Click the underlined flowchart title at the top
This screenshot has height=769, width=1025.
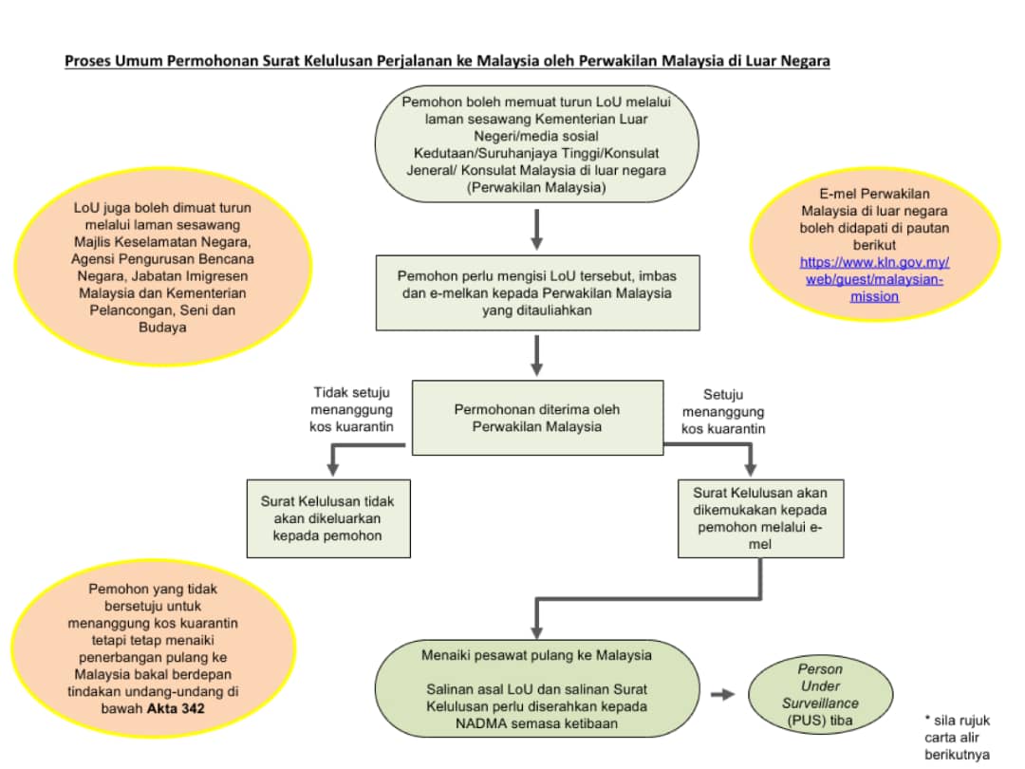point(447,61)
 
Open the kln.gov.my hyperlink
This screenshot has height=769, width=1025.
point(874,279)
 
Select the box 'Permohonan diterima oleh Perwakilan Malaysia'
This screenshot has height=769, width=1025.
point(537,418)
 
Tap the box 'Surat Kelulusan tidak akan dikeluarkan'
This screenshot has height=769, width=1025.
point(328,518)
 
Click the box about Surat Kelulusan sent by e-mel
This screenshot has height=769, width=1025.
point(760,518)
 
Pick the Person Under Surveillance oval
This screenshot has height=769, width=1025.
point(820,694)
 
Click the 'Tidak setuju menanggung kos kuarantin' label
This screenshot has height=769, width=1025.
point(352,410)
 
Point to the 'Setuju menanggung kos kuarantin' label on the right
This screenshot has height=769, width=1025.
point(723,412)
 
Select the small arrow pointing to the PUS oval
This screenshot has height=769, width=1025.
point(722,694)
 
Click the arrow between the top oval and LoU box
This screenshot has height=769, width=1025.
point(536,230)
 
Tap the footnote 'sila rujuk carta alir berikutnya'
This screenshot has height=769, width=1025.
point(957,738)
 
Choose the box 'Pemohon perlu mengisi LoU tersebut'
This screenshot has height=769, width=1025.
point(537,293)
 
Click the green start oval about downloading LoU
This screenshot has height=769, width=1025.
point(536,144)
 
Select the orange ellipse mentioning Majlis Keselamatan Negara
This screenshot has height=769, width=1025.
point(163,268)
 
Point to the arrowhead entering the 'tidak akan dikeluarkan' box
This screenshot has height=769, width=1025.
point(333,470)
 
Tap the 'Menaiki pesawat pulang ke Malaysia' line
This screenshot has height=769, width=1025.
point(536,655)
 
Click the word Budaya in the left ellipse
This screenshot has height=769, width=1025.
point(162,328)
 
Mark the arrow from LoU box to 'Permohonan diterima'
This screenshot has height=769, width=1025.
point(536,356)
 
